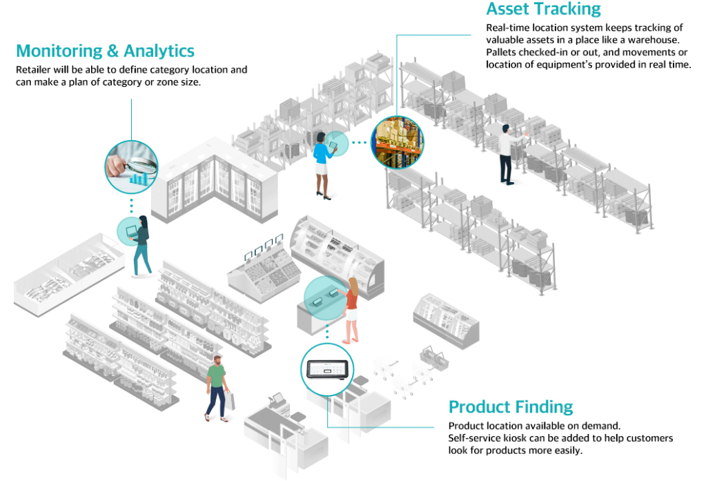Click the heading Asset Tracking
pyautogui.click(x=543, y=10)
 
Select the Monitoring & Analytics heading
pyautogui.click(x=105, y=51)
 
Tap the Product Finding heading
pyautogui.click(x=510, y=407)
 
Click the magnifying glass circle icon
pyautogui.click(x=131, y=164)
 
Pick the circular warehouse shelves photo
pyautogui.click(x=398, y=142)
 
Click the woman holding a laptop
pyautogui.click(x=142, y=244)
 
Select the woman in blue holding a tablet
pyautogui.click(x=322, y=161)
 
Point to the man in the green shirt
pyautogui.click(x=217, y=387)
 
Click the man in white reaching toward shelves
pyautogui.click(x=507, y=153)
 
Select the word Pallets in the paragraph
pyautogui.click(x=502, y=52)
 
